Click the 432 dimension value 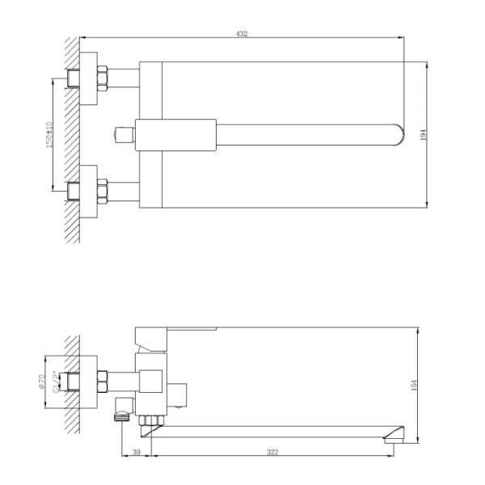click(x=242, y=34)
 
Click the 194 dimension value click(x=423, y=136)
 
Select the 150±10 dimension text click(x=50, y=135)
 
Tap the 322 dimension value click(x=272, y=452)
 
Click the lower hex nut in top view click(x=103, y=192)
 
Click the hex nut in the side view click(x=103, y=377)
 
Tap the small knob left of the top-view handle click(x=124, y=134)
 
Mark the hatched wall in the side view click(x=72, y=380)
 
